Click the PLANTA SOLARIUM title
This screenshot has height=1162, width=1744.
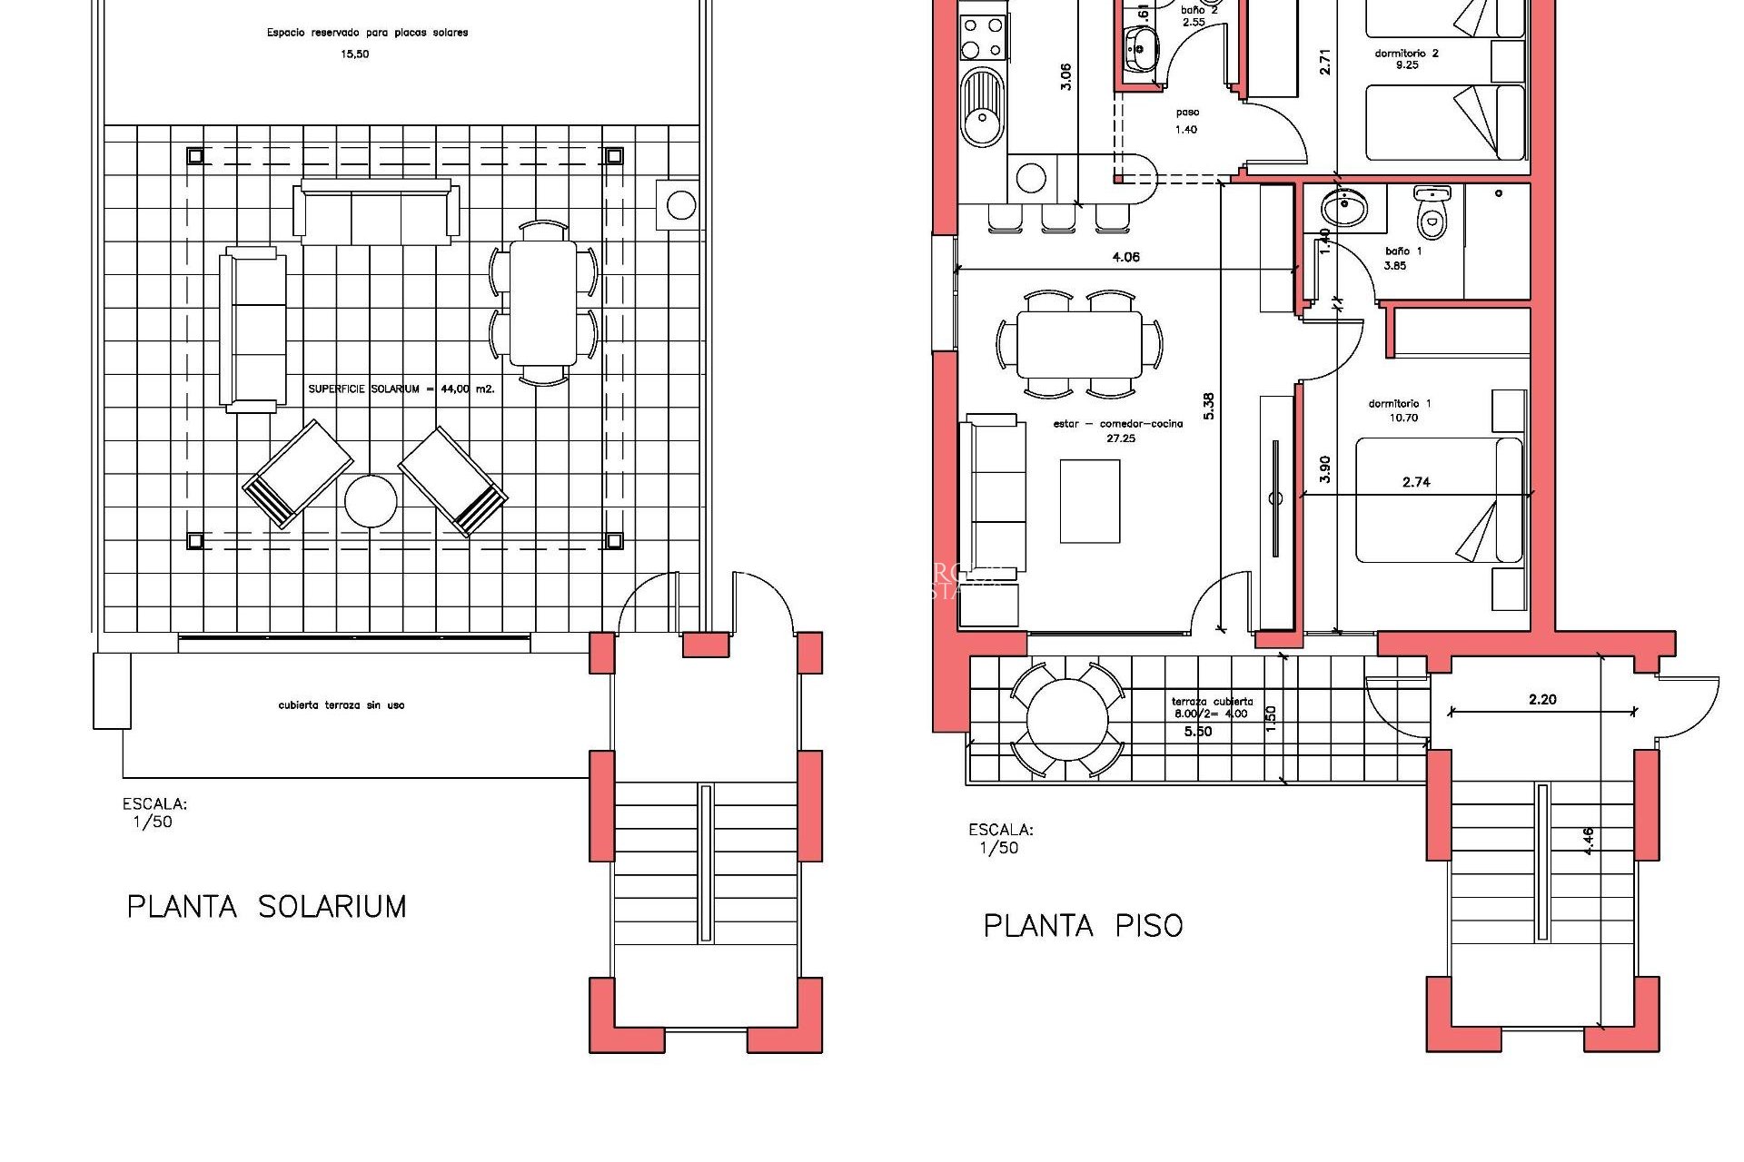pos(266,907)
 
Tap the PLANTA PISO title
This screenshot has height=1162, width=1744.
pos(1083,926)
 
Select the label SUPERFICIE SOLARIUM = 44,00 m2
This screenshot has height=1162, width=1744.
pos(401,389)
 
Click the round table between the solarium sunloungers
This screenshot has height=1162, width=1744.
pos(371,501)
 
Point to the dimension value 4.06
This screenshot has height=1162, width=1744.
pos(1125,258)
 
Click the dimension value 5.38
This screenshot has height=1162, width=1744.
pos(1208,406)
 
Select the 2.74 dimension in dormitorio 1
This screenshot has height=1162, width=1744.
pos(1416,483)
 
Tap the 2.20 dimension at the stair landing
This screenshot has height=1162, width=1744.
pos(1542,699)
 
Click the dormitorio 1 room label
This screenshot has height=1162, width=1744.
pos(1400,410)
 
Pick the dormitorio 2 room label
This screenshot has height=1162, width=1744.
pos(1406,58)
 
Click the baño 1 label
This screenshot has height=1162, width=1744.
pos(1403,258)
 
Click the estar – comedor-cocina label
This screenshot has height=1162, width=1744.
pos(1118,430)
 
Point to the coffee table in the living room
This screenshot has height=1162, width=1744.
pos(1090,501)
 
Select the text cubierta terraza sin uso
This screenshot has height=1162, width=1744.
pos(342,705)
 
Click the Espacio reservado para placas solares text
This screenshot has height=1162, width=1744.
pos(367,33)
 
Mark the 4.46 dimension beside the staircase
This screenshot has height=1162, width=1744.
pos(1588,841)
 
